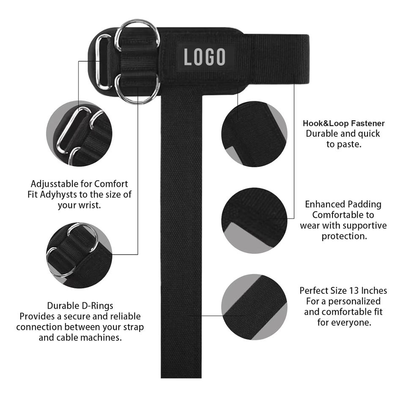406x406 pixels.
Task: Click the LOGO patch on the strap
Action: [204, 57]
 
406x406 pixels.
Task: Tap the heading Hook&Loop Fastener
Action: [343, 123]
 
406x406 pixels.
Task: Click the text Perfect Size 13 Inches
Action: [343, 291]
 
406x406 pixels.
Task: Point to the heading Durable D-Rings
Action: [80, 305]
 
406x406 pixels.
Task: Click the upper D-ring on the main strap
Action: [137, 33]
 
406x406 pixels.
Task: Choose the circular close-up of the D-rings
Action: [79, 255]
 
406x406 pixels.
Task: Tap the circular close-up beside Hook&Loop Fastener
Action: [254, 134]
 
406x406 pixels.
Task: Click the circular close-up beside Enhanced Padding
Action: [254, 220]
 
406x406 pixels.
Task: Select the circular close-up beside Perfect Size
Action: [254, 307]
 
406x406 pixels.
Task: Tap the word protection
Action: [343, 236]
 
